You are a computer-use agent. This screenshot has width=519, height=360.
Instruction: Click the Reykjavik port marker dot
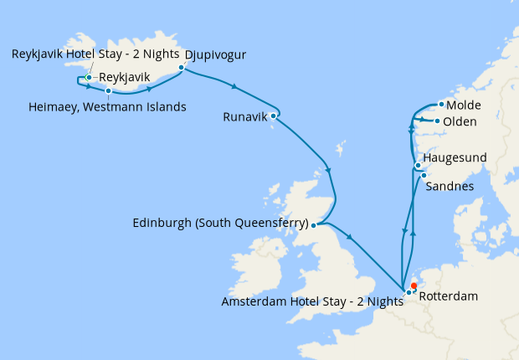pyautogui.click(x=88, y=78)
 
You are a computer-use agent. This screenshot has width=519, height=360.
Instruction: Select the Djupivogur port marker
pyautogui.click(x=181, y=68)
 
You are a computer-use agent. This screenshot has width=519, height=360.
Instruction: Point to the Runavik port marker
pyautogui.click(x=274, y=116)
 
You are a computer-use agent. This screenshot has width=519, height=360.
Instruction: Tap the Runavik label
pyautogui.click(x=244, y=116)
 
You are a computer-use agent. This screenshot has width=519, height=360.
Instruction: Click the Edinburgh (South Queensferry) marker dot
pyautogui.click(x=312, y=224)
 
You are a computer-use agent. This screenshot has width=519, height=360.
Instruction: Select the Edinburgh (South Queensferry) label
pyautogui.click(x=220, y=224)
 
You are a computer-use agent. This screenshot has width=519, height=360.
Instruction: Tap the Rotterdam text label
pyautogui.click(x=447, y=296)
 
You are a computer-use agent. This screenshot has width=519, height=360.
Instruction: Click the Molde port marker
pyautogui.click(x=441, y=105)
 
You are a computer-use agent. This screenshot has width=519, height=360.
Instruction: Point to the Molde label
pyautogui.click(x=464, y=105)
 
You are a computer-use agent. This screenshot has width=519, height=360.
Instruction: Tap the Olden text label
pyautogui.click(x=460, y=122)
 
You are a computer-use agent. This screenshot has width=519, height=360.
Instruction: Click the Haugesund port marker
pyautogui.click(x=418, y=166)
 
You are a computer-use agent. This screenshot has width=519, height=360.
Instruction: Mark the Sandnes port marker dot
pyautogui.click(x=424, y=175)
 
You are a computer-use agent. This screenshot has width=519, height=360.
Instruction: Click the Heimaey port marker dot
pyautogui.click(x=108, y=90)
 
